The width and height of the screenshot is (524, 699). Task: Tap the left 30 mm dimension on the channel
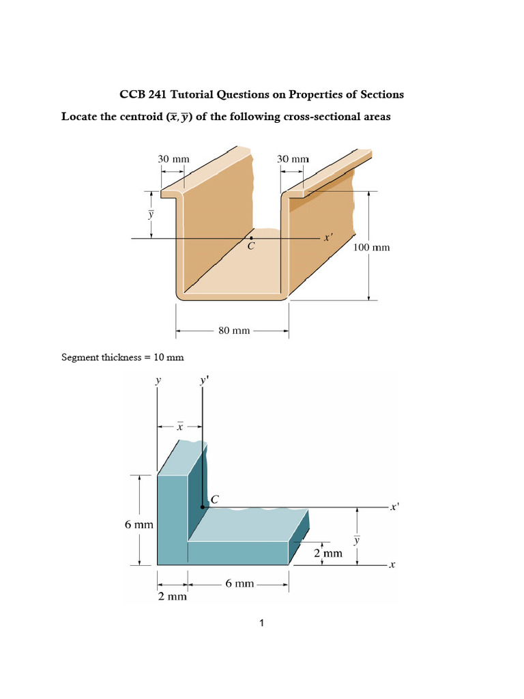point(173,158)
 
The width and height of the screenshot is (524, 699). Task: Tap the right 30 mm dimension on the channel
point(293,158)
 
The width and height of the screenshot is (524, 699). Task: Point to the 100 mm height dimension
point(372,247)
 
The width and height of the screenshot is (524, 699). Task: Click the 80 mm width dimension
point(233,331)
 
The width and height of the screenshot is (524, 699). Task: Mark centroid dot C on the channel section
point(250,238)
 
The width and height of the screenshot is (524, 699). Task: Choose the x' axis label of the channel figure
point(328,238)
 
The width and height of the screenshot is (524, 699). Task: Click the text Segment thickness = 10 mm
point(122,357)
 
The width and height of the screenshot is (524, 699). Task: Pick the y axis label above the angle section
point(158,381)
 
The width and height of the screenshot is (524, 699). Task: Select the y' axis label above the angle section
point(203,381)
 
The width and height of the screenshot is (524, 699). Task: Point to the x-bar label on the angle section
point(179,427)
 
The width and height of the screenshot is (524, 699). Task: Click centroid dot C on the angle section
point(203,507)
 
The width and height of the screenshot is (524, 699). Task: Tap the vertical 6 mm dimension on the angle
point(138,525)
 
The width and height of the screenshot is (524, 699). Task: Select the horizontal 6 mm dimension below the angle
point(239,584)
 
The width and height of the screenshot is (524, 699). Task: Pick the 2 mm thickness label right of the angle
point(327,554)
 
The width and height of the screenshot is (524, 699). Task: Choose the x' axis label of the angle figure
point(394,508)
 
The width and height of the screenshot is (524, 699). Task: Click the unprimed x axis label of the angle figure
point(392,565)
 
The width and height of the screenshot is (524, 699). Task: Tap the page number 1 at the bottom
point(262,623)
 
